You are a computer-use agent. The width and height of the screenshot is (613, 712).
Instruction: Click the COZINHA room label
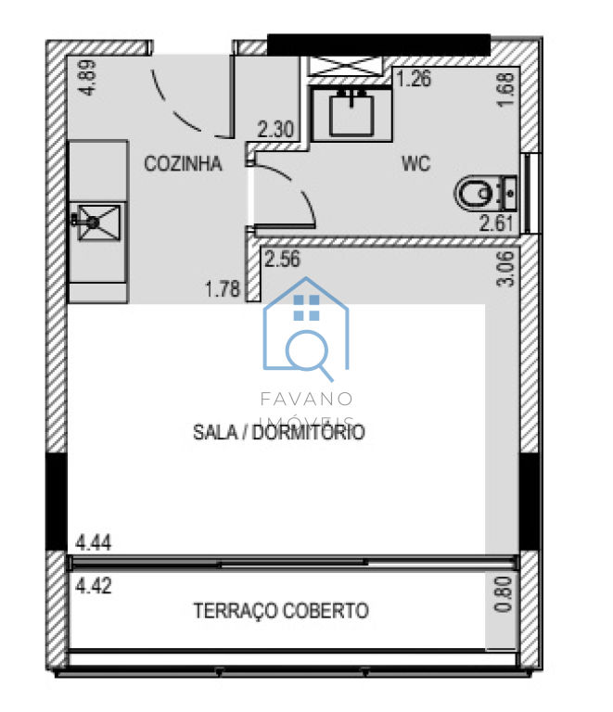coord(183,163)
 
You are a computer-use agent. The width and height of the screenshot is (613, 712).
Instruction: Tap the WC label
coord(416,163)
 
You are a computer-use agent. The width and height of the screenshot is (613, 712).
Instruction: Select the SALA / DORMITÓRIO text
coord(279,432)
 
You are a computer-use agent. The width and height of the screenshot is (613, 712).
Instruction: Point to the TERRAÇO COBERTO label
coord(281,611)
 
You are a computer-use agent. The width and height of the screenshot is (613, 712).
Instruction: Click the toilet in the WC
coord(485,193)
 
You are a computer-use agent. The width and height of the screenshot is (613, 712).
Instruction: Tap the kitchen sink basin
coord(98,222)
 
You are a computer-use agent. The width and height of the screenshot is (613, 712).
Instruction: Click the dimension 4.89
coord(87,78)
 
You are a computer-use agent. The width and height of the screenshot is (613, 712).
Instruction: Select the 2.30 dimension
coord(275,130)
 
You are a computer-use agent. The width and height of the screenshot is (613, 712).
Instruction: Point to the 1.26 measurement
coord(414,79)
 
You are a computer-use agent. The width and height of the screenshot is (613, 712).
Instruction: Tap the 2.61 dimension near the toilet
coord(496,223)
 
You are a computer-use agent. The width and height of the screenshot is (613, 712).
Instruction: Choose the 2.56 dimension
coord(283,260)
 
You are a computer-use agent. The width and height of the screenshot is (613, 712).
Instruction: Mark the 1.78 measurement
coord(223,289)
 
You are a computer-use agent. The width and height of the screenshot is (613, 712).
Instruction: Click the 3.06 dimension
coord(505,269)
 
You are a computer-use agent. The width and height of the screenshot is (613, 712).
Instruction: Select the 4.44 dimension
coord(94,542)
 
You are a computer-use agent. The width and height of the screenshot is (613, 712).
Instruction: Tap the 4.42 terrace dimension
coord(94,586)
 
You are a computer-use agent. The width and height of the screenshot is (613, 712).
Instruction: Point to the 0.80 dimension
coord(504,594)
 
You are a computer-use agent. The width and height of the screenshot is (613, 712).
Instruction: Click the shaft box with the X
coord(346,66)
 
